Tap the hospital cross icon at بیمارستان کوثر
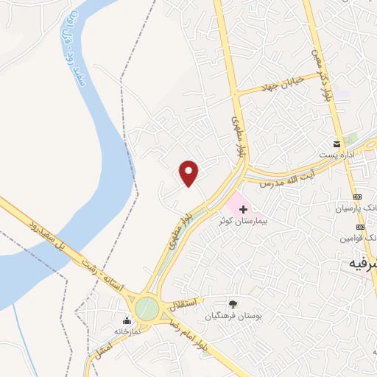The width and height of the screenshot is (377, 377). (243, 209)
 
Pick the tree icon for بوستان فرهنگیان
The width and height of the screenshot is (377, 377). (233, 304)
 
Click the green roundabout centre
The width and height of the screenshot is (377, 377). (147, 309)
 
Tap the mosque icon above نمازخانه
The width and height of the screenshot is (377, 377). (127, 320)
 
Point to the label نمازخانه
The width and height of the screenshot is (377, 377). (126, 331)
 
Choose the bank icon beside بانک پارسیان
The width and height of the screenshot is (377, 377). (359, 197)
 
